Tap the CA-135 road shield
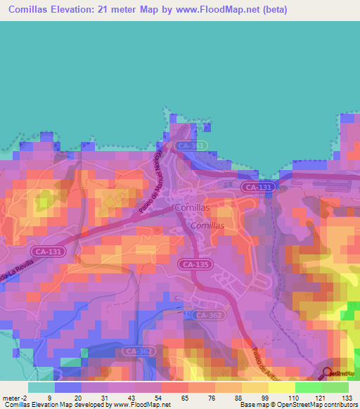click(193, 264)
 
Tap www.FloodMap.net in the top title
click(223, 11)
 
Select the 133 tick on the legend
click(347, 398)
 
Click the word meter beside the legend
click(11, 398)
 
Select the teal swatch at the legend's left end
click(41, 387)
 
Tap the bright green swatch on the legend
click(308, 387)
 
